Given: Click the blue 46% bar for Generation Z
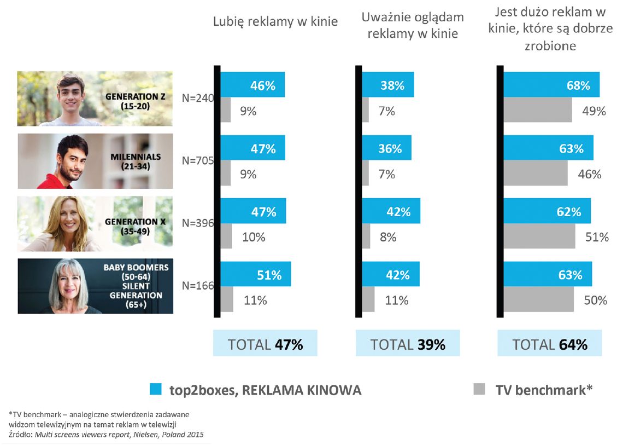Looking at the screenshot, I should click(252, 85).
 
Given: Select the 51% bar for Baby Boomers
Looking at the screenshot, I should click(255, 274).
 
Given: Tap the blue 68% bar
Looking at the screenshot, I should click(551, 85).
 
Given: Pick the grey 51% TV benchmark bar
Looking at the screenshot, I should click(539, 236).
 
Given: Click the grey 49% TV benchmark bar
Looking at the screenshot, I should click(537, 111).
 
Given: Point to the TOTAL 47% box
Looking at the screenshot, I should click(265, 344).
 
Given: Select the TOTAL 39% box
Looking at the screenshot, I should click(408, 344).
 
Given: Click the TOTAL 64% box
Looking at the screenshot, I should click(550, 344).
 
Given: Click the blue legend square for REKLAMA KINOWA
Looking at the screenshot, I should click(156, 390).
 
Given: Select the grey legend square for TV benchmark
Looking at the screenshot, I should click(479, 390).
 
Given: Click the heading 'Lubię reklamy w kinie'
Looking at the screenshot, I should click(275, 22).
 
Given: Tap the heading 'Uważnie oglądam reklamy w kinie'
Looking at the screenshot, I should click(413, 25).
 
